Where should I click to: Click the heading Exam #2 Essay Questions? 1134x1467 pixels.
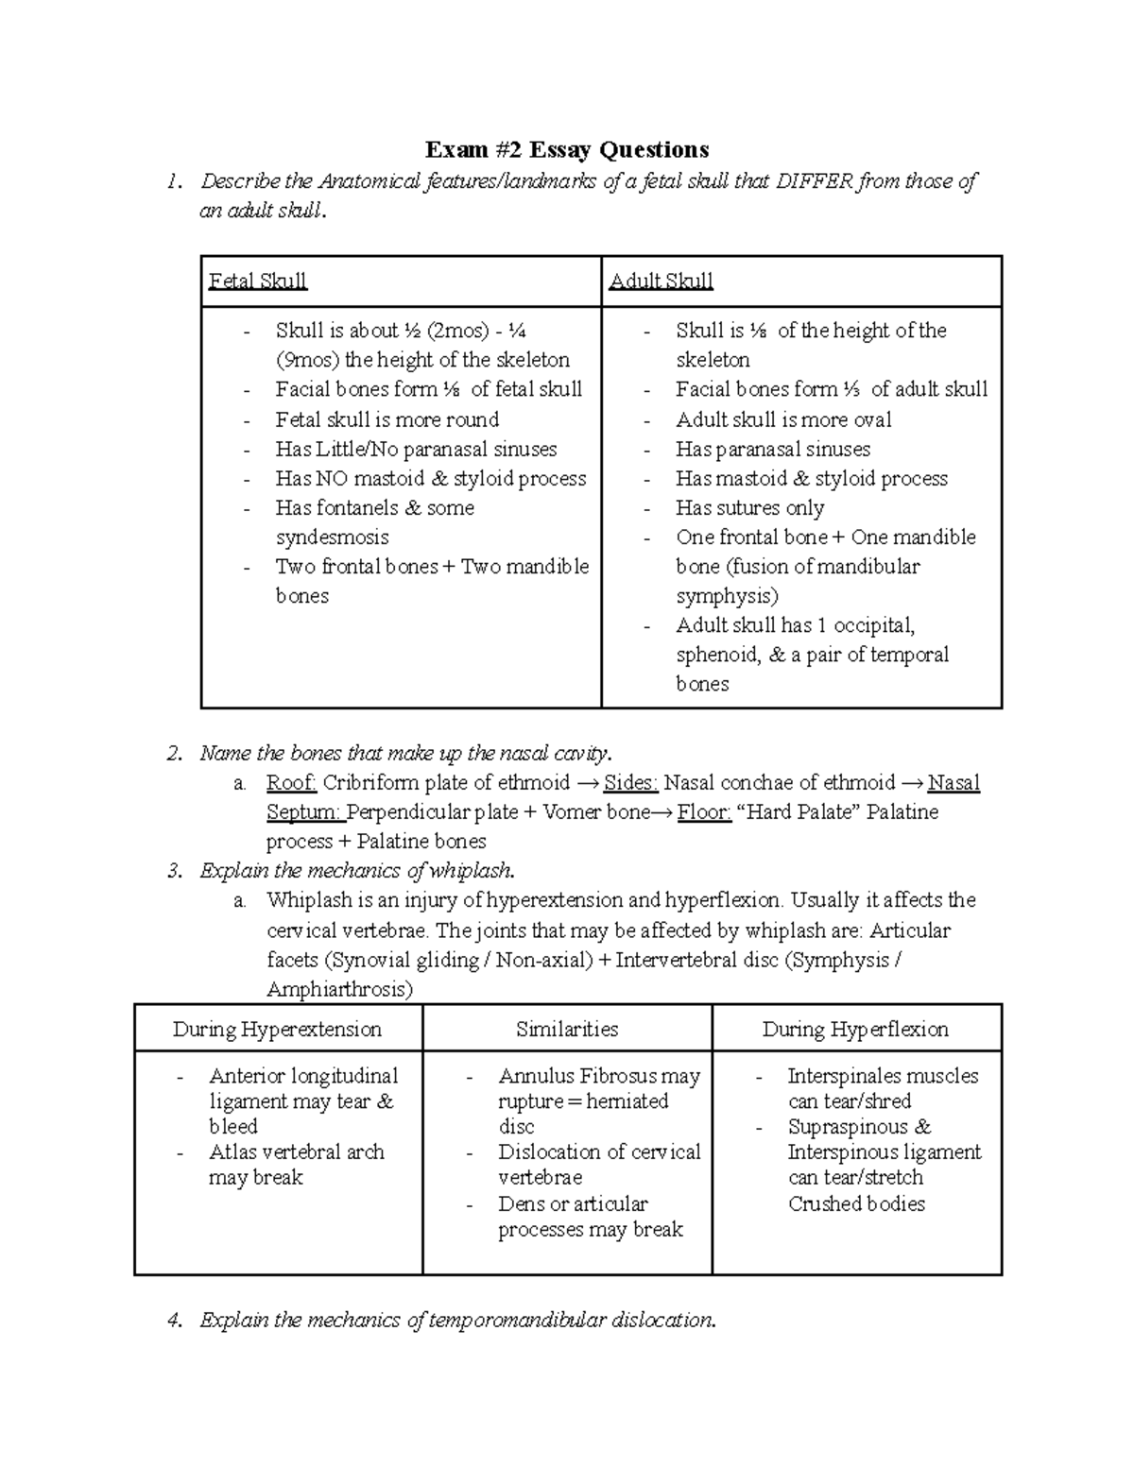[566, 149]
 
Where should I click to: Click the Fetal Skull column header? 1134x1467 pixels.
[257, 281]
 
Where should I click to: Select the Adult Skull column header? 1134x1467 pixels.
[661, 281]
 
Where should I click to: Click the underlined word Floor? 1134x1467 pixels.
[704, 812]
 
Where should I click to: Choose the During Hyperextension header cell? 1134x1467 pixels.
[277, 1030]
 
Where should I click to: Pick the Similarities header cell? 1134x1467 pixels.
[567, 1030]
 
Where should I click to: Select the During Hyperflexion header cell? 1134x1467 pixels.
[855, 1030]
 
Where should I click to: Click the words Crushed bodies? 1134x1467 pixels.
[856, 1204]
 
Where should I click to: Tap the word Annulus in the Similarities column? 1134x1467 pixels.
[535, 1076]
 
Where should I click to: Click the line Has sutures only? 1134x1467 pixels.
[749, 508]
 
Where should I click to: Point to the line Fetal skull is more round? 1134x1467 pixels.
[387, 419]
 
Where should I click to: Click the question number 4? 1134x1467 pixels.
[173, 1321]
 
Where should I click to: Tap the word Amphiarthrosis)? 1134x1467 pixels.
[339, 990]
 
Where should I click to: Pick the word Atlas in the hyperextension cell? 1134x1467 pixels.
[232, 1152]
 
